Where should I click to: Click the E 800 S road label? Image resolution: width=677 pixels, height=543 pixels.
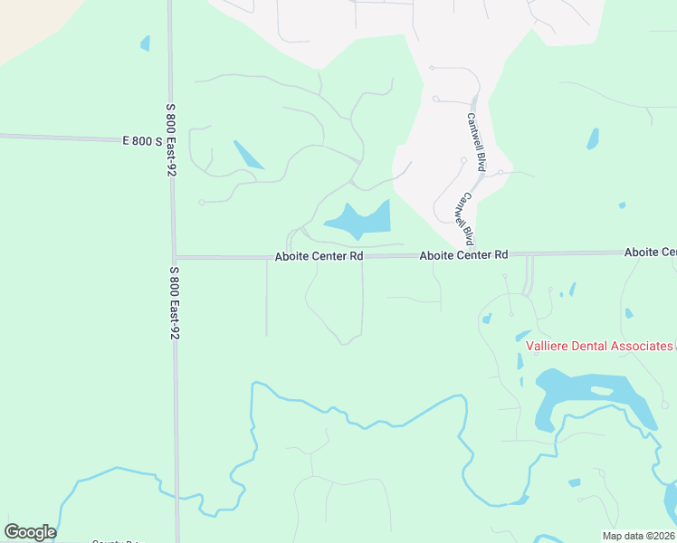tap(142, 141)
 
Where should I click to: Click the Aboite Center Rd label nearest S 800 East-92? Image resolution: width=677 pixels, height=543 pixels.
tap(319, 257)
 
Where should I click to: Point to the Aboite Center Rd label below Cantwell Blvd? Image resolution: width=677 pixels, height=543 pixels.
tap(463, 256)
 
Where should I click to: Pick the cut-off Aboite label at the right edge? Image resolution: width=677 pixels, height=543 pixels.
tap(650, 252)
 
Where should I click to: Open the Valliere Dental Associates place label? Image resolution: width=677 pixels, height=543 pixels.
tap(599, 346)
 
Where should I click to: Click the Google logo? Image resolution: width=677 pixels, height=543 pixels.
tap(30, 532)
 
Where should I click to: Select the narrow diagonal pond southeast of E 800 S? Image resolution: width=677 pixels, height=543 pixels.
tap(248, 155)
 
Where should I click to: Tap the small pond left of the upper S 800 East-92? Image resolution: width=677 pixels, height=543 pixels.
tap(145, 43)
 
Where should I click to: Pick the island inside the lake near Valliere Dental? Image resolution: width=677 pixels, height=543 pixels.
tap(601, 391)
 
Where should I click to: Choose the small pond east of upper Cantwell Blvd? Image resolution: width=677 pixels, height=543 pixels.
tap(593, 138)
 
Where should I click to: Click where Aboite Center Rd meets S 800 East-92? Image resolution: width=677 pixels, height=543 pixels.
tap(175, 257)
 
